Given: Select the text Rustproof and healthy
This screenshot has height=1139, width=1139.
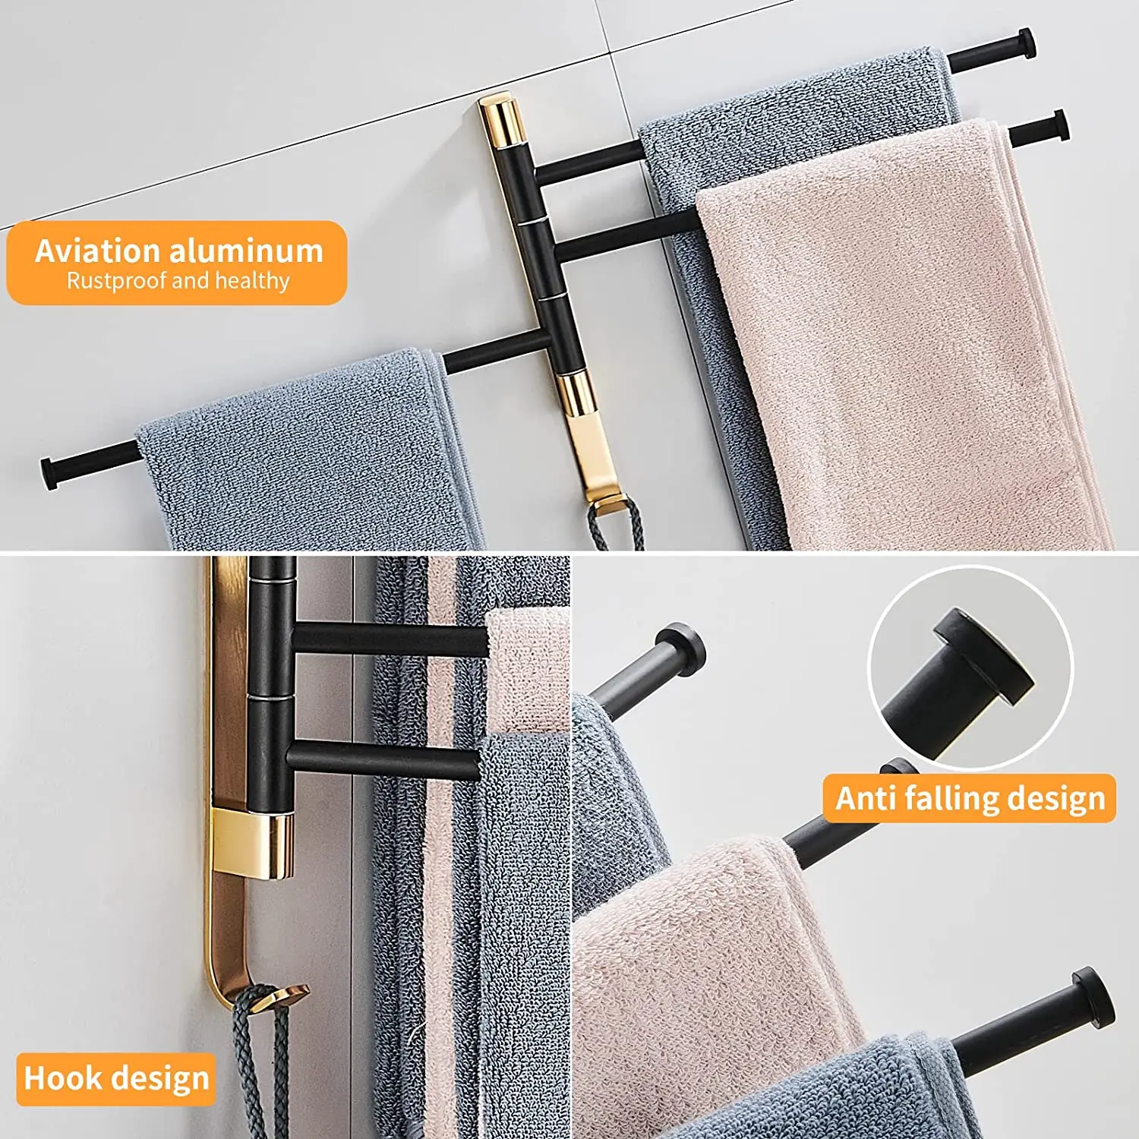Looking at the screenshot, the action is pyautogui.click(x=178, y=281).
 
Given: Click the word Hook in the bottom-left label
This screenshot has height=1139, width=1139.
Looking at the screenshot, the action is pyautogui.click(x=62, y=1078).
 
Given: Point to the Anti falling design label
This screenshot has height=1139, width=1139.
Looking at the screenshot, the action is pyautogui.click(x=970, y=798).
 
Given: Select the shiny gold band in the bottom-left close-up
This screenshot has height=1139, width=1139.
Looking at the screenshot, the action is pyautogui.click(x=253, y=843).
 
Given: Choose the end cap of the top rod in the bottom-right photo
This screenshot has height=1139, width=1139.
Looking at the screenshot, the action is pyautogui.click(x=681, y=649).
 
